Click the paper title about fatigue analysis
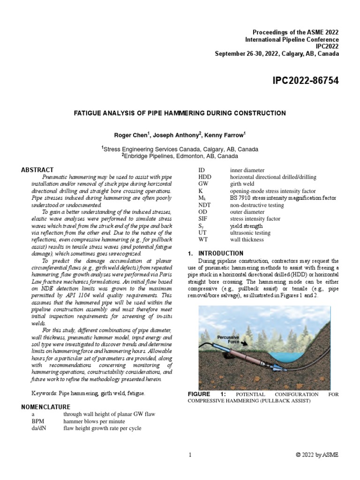(x=180, y=113)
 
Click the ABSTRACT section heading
(x=37, y=170)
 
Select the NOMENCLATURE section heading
(x=46, y=406)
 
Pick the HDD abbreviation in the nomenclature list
(x=205, y=177)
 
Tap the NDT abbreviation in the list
(x=205, y=205)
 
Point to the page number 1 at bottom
(x=190, y=455)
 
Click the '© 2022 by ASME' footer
(x=316, y=455)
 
